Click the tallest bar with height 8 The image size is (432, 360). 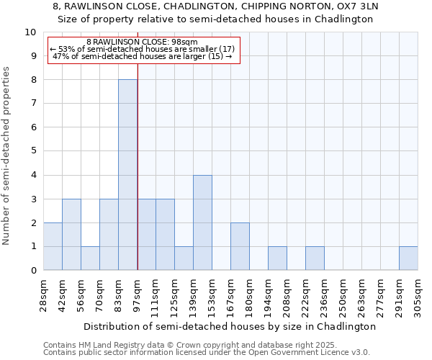coord(127,175)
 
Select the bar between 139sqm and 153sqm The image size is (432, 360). coord(202,222)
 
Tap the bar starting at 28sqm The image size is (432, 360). coord(53,246)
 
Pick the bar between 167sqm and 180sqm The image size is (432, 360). coord(240,246)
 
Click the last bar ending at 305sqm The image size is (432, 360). coord(408,258)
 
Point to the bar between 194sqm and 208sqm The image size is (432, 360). coord(277,258)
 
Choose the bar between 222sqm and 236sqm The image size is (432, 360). coord(315,258)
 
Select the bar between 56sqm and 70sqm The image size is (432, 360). coord(90,258)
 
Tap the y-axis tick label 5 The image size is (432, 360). coord(33,151)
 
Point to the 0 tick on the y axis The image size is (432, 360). coord(33,271)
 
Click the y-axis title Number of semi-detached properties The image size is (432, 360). coord(7,155)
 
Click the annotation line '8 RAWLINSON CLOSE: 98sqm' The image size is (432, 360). coord(142,42)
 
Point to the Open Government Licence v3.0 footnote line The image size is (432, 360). coord(207,353)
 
